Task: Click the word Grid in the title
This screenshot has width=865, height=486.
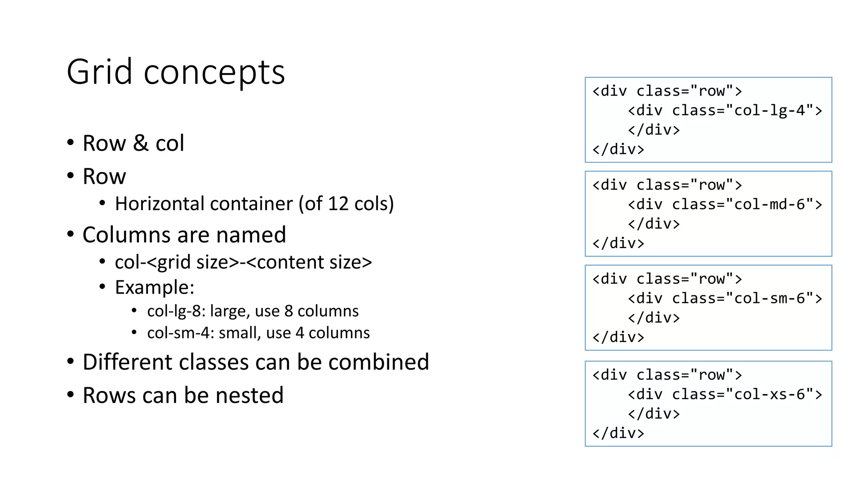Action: (x=100, y=72)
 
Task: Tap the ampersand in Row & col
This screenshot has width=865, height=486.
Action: (x=141, y=143)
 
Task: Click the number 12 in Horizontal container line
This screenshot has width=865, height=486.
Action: (x=338, y=204)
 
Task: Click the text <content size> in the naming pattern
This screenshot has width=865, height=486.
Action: (x=309, y=262)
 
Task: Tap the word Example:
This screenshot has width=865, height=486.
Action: (x=155, y=288)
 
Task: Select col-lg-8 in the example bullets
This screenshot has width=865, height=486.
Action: (x=176, y=311)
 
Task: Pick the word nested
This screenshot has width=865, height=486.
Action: (x=249, y=395)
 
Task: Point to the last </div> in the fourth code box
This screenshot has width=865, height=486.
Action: (x=618, y=433)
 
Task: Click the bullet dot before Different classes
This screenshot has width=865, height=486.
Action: (x=71, y=362)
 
